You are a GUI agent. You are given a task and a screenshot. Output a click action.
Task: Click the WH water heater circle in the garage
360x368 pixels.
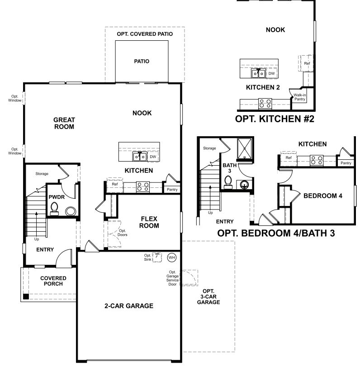[x=172, y=258]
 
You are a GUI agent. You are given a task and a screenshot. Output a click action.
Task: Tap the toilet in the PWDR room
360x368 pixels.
[x=54, y=208]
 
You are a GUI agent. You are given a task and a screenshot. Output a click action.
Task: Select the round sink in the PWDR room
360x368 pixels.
[x=71, y=211]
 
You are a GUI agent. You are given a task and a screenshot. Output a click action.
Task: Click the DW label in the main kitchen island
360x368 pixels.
[x=153, y=157]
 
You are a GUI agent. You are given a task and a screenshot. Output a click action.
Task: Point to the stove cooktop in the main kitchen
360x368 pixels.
[x=143, y=187]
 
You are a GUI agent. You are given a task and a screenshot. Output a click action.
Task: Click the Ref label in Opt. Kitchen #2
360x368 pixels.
[x=307, y=63]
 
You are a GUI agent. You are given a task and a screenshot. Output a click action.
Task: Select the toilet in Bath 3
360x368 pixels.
[x=228, y=182]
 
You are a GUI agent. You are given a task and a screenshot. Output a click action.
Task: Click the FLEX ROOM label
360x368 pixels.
[x=149, y=222]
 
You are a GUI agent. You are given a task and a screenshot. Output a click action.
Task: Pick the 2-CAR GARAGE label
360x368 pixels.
[x=129, y=306]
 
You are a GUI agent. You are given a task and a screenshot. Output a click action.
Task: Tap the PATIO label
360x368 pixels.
[x=142, y=61]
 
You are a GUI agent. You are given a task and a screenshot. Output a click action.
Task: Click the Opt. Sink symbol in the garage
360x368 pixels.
[x=157, y=257]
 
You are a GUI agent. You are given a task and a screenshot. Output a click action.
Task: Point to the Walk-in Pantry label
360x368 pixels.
[x=300, y=97]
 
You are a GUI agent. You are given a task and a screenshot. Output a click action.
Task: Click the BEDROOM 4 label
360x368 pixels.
[x=323, y=196]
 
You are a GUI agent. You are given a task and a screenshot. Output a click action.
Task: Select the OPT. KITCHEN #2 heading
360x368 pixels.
[x=275, y=119]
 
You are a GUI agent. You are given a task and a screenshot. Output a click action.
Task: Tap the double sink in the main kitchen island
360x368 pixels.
[x=140, y=157]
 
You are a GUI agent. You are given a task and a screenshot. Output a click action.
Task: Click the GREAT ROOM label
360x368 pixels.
[x=64, y=123]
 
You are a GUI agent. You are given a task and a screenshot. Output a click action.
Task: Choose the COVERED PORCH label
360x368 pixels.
[x=53, y=281]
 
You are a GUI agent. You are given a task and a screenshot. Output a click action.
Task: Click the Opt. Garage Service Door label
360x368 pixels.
[x=173, y=278]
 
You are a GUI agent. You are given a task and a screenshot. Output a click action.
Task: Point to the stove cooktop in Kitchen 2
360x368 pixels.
[x=265, y=104]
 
